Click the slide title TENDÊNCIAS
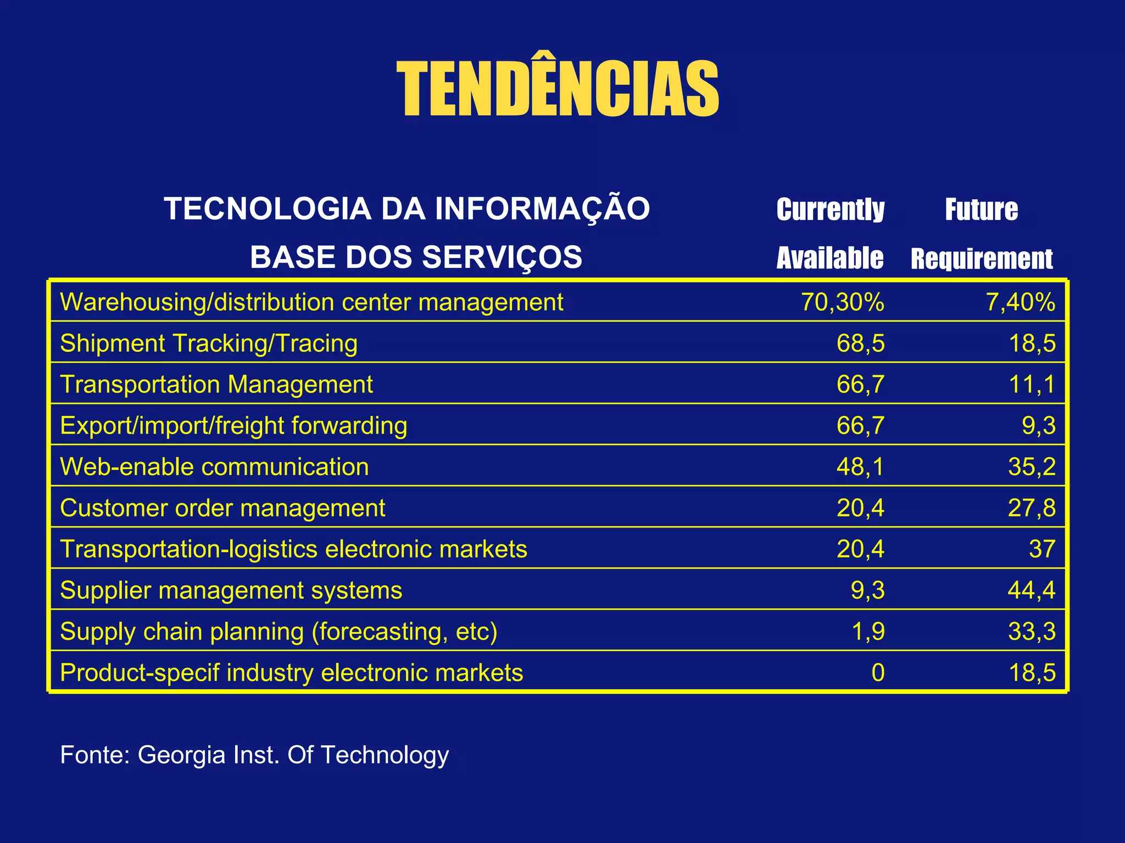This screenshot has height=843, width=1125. (x=557, y=89)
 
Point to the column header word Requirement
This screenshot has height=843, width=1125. (x=982, y=258)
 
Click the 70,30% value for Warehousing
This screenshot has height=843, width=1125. (x=842, y=302)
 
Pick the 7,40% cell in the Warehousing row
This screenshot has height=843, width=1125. (x=1020, y=302)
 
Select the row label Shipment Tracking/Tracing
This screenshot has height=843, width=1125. (x=209, y=344)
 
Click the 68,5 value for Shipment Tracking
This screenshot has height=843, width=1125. (x=860, y=344)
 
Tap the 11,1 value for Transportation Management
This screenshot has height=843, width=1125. (x=1032, y=385)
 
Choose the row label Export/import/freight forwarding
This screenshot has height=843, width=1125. (x=233, y=426)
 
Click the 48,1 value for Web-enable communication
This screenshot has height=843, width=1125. (x=860, y=467)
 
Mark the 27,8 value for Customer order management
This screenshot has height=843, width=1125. (x=1031, y=508)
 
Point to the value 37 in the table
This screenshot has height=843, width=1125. (x=1042, y=549)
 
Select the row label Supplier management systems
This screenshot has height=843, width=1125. (x=231, y=591)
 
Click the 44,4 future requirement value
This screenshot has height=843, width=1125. (x=1031, y=591)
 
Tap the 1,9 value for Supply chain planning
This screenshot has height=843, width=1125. (x=868, y=632)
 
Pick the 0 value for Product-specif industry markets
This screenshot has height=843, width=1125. (x=878, y=673)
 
